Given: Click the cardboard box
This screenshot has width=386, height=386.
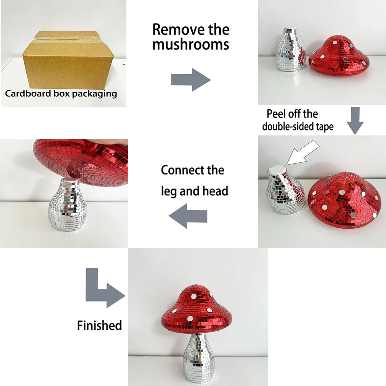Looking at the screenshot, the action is click(68, 60).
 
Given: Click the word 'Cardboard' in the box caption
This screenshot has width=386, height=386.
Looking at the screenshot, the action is click(28, 94).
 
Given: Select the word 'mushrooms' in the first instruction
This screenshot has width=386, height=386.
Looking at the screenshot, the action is click(191, 44).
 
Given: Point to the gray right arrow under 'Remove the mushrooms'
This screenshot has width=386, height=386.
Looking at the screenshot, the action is click(191, 80).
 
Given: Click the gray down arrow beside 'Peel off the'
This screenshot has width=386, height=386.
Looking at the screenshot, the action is click(355, 121).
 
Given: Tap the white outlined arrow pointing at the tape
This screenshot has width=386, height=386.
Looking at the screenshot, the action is click(302, 152).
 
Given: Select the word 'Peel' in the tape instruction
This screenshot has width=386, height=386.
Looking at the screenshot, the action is click(275, 114).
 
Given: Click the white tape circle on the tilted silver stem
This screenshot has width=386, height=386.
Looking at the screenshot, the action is click(277, 170).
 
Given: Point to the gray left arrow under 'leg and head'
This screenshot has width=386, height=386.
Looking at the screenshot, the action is click(188, 216).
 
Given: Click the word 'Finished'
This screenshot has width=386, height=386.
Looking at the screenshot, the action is click(99, 325).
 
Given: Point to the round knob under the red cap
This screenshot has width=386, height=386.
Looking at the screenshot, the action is click(74, 171).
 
